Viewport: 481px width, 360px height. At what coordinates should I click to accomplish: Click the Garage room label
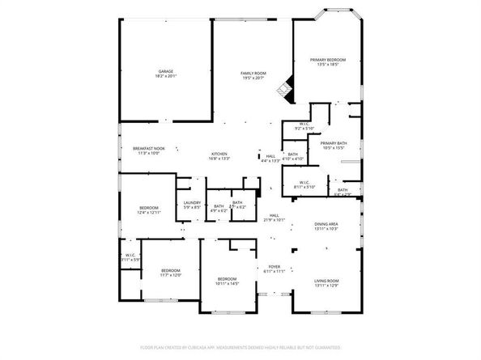click(166, 72)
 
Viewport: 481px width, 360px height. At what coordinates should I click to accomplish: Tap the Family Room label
click(253, 73)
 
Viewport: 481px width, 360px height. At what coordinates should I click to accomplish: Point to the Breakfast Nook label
click(149, 148)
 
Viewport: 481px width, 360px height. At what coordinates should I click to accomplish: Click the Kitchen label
click(219, 154)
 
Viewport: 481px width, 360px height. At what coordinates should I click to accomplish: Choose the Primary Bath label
click(334, 143)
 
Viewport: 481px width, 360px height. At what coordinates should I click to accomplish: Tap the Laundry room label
click(192, 203)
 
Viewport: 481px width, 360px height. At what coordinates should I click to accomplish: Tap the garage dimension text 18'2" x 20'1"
click(166, 76)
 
